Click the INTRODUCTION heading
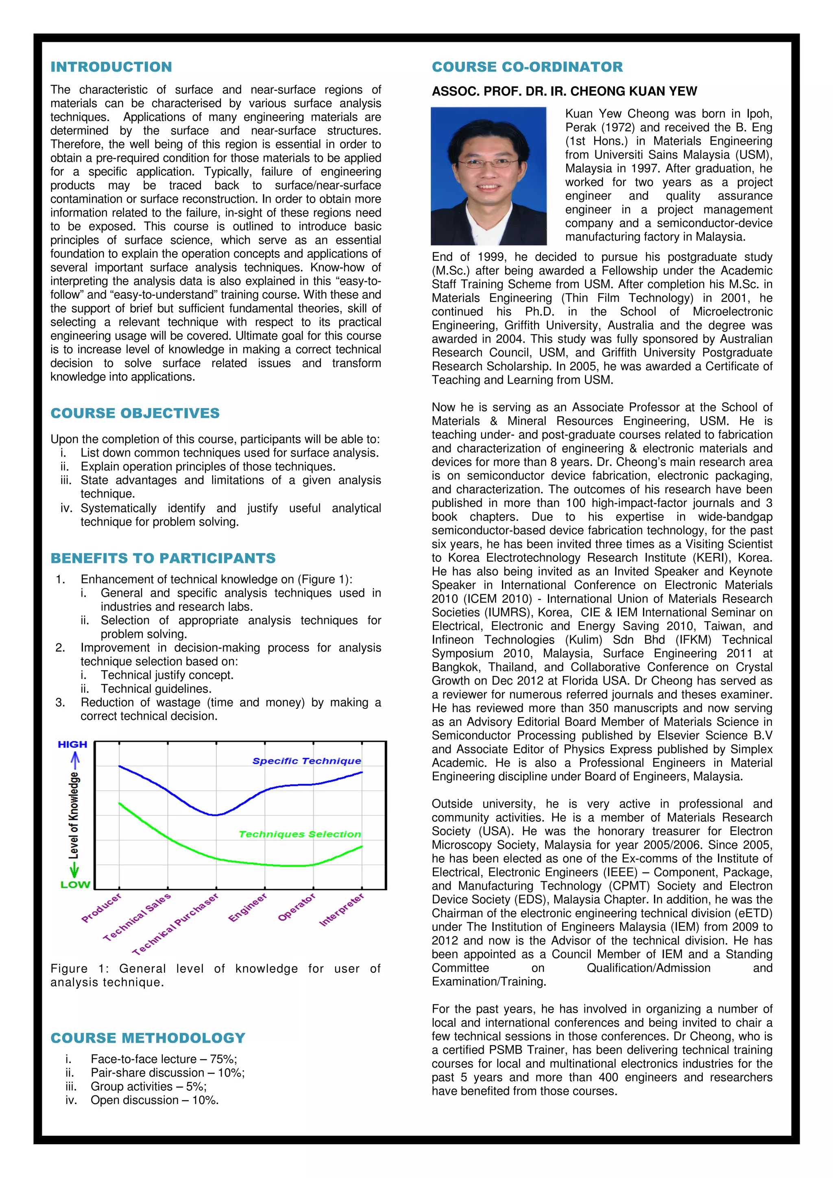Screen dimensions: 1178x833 [x=111, y=67]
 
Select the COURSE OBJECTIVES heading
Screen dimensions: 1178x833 [x=135, y=413]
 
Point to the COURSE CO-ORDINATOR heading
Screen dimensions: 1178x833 [x=527, y=67]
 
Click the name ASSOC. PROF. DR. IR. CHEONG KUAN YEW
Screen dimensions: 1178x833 [x=564, y=91]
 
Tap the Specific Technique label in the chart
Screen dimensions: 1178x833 [x=306, y=761]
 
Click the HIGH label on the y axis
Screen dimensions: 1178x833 [x=72, y=744]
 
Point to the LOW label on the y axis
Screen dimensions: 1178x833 [x=75, y=885]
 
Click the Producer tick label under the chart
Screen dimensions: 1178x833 [x=102, y=908]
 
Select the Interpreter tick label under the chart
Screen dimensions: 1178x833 [x=342, y=910]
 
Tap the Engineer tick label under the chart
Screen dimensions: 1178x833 [x=248, y=908]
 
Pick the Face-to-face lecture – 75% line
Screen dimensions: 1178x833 [x=163, y=1059]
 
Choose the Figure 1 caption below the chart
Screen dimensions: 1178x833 [x=215, y=975]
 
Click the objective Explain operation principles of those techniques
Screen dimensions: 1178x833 [x=207, y=467]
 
